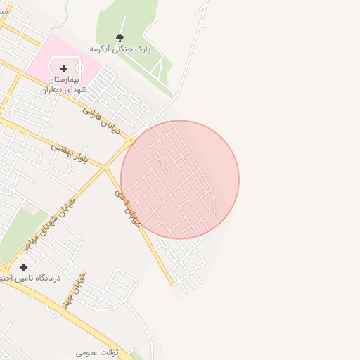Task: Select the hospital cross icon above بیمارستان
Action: point(64,68)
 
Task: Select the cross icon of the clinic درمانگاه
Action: point(24,267)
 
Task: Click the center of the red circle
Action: point(180,179)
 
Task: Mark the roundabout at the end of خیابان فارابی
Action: point(130,141)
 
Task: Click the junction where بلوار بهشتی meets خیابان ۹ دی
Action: point(105,167)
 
